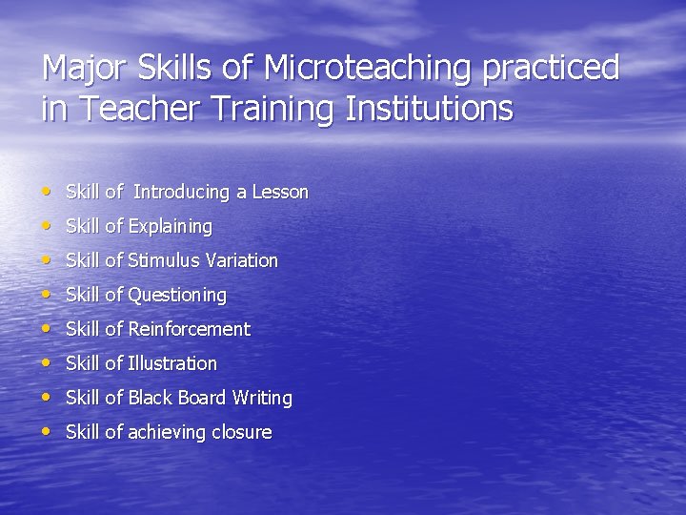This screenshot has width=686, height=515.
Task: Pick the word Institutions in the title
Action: point(429,109)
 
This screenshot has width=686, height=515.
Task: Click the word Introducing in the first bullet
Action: point(182,192)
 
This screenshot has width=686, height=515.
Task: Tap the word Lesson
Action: point(280,192)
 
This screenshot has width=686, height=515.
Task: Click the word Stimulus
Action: point(164,260)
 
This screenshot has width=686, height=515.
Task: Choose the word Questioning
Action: point(177,296)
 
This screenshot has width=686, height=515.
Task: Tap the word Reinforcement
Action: point(189,329)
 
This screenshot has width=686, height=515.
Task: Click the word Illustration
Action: point(172,363)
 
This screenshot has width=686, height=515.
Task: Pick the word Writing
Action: point(261,398)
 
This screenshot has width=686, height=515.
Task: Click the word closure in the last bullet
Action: point(242,432)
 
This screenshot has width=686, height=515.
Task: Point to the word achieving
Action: point(167,432)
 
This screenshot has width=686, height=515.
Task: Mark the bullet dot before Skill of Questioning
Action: point(48,295)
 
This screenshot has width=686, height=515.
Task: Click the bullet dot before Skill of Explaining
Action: point(48,226)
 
